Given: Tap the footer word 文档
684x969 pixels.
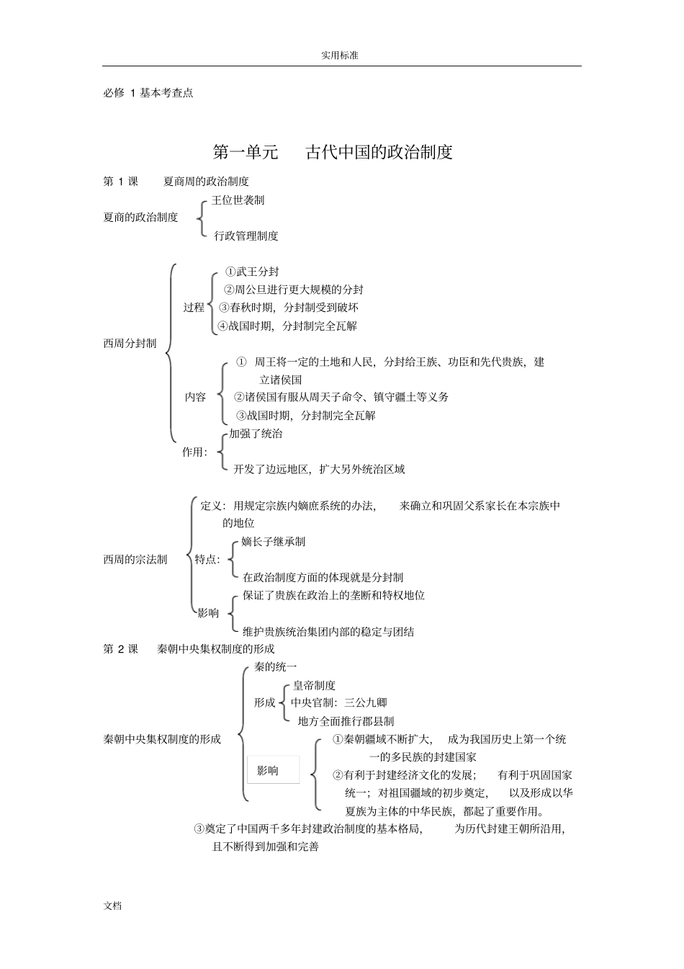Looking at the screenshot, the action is tap(113, 906).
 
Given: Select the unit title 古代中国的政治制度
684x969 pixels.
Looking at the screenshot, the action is tap(379, 153).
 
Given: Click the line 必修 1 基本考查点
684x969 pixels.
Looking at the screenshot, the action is tap(148, 93).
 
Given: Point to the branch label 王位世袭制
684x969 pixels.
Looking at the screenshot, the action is tap(238, 200).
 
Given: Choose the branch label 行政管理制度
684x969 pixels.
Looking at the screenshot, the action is tap(246, 236).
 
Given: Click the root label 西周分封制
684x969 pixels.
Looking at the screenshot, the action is tap(130, 344).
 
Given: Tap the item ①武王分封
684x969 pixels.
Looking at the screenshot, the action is tap(252, 272).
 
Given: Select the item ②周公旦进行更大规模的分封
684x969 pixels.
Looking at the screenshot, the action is tap(294, 290).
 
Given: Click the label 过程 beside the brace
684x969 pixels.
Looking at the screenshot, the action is tap(194, 308).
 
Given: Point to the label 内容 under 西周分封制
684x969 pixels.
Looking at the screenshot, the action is tap(196, 397).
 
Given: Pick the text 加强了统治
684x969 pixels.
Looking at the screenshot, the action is tap(256, 434).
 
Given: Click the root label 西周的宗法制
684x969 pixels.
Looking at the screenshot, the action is tap(135, 560).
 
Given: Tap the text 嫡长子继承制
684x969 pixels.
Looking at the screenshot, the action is tap(273, 542).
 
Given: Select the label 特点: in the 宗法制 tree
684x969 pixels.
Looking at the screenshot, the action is tap(207, 560).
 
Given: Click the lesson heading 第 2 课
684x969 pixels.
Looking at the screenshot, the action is tap(120, 649).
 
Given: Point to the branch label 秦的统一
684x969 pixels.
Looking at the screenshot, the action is tap(275, 667).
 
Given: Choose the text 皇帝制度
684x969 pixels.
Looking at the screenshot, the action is tap(314, 685).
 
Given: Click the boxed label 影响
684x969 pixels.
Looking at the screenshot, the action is tap(268, 771).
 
